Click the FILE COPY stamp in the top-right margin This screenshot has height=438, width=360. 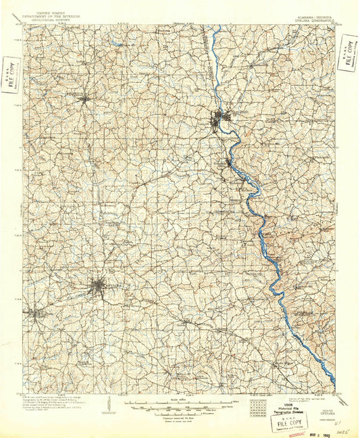pyautogui.click(x=349, y=54)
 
